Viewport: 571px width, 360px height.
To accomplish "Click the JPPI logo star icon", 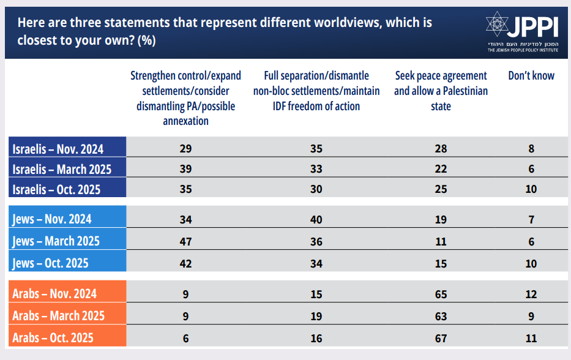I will click(498, 24).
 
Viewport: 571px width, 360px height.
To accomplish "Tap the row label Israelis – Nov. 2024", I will click(58, 149).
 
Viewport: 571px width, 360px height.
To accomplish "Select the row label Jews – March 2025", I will click(56, 241).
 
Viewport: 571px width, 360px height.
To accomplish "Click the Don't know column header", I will click(531, 76).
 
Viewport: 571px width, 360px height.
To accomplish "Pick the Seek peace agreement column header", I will click(441, 91).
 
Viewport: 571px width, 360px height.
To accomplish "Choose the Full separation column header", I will click(316, 91).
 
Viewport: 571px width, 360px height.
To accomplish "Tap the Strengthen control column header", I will click(185, 98).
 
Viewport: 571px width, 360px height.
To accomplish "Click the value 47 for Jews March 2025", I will click(185, 241).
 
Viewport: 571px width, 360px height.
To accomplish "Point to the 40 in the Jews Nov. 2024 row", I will click(316, 219).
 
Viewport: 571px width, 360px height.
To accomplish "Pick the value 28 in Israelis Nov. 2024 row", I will click(441, 149).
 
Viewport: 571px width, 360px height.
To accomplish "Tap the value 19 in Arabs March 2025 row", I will click(316, 317).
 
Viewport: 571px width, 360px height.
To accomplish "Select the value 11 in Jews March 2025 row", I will click(441, 241).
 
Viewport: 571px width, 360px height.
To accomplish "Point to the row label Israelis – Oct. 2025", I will click(56, 189).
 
